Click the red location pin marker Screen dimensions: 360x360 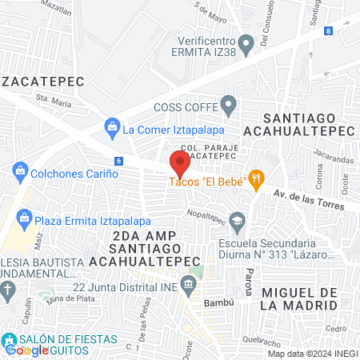[x=179, y=162]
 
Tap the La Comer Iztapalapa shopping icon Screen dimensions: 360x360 [x=111, y=127]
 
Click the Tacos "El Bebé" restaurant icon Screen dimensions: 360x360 [x=256, y=179]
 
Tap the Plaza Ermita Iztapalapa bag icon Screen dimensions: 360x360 [x=25, y=217]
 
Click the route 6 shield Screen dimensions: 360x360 [x=118, y=161]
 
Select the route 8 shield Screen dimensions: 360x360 [x=329, y=30]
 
